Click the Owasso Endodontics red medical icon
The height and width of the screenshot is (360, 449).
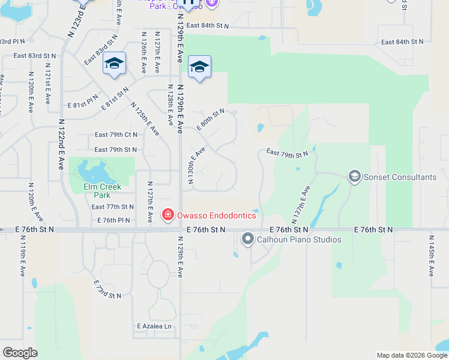pyautogui.click(x=168, y=215)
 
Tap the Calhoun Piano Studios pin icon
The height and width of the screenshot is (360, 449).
pyautogui.click(x=247, y=239)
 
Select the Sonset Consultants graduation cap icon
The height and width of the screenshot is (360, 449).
pyautogui.click(x=354, y=176)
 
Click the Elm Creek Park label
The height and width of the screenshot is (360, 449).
pyautogui.click(x=101, y=191)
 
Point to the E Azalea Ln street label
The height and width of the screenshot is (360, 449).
pyautogui.click(x=154, y=326)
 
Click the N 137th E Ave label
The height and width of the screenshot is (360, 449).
pyautogui.click(x=303, y=201)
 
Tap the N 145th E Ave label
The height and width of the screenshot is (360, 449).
pyautogui.click(x=430, y=255)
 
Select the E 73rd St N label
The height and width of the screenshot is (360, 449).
pyautogui.click(x=107, y=289)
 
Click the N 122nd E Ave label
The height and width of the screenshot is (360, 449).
pyautogui.click(x=61, y=143)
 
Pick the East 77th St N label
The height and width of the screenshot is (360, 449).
pyautogui.click(x=112, y=207)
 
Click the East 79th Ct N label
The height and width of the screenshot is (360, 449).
pyautogui.click(x=116, y=135)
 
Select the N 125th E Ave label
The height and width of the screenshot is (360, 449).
pyautogui.click(x=145, y=118)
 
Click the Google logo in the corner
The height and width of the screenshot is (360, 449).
pyautogui.click(x=20, y=353)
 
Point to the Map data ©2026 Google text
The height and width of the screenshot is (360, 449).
pyautogui.click(x=412, y=356)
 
